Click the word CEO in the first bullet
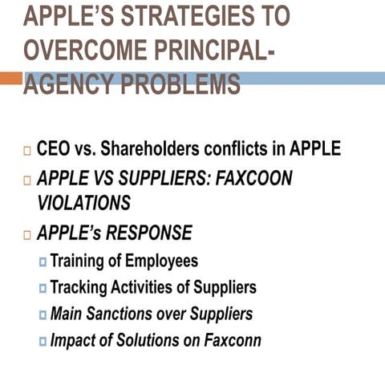55,149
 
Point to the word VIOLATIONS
83,204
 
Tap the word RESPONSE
148,233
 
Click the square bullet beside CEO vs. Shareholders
28,151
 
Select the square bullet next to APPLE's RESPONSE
28,235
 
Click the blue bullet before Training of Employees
43,262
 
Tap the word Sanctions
122,314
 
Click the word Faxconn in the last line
232,339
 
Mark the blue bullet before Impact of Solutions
43,341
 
